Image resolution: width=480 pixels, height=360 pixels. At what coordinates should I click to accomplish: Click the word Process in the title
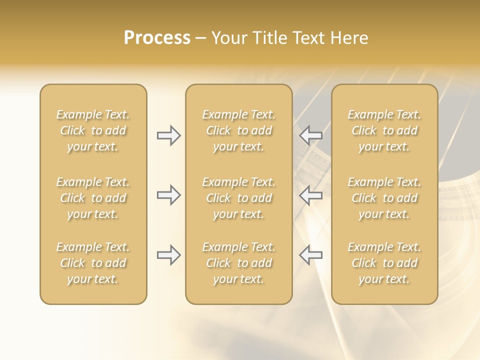[157, 38]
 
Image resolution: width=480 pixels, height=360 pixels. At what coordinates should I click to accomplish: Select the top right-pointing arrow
[168, 135]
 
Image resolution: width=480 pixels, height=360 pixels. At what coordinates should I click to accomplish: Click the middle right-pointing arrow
[168, 195]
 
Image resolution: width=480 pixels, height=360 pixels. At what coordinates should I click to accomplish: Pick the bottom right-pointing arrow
[168, 255]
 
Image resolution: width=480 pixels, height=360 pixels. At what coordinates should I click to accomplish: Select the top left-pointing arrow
[311, 135]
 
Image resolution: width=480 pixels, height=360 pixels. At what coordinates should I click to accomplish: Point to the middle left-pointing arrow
[311, 195]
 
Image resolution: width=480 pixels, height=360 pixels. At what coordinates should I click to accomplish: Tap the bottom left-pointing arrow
[311, 255]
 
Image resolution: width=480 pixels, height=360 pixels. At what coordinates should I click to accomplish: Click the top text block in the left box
[93, 130]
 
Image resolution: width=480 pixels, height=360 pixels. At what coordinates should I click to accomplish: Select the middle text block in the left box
[93, 198]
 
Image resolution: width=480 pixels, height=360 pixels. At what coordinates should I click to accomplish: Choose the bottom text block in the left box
[93, 263]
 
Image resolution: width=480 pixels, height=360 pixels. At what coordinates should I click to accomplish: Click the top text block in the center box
[238, 130]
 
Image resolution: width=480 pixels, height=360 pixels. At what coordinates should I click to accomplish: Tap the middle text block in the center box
[238, 198]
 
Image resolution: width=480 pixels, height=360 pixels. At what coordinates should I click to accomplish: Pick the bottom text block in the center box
[238, 263]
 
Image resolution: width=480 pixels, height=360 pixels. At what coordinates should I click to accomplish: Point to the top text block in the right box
[384, 130]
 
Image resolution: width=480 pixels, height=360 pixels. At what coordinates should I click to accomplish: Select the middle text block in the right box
[384, 198]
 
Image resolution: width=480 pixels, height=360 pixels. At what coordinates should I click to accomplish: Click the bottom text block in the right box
[384, 263]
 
